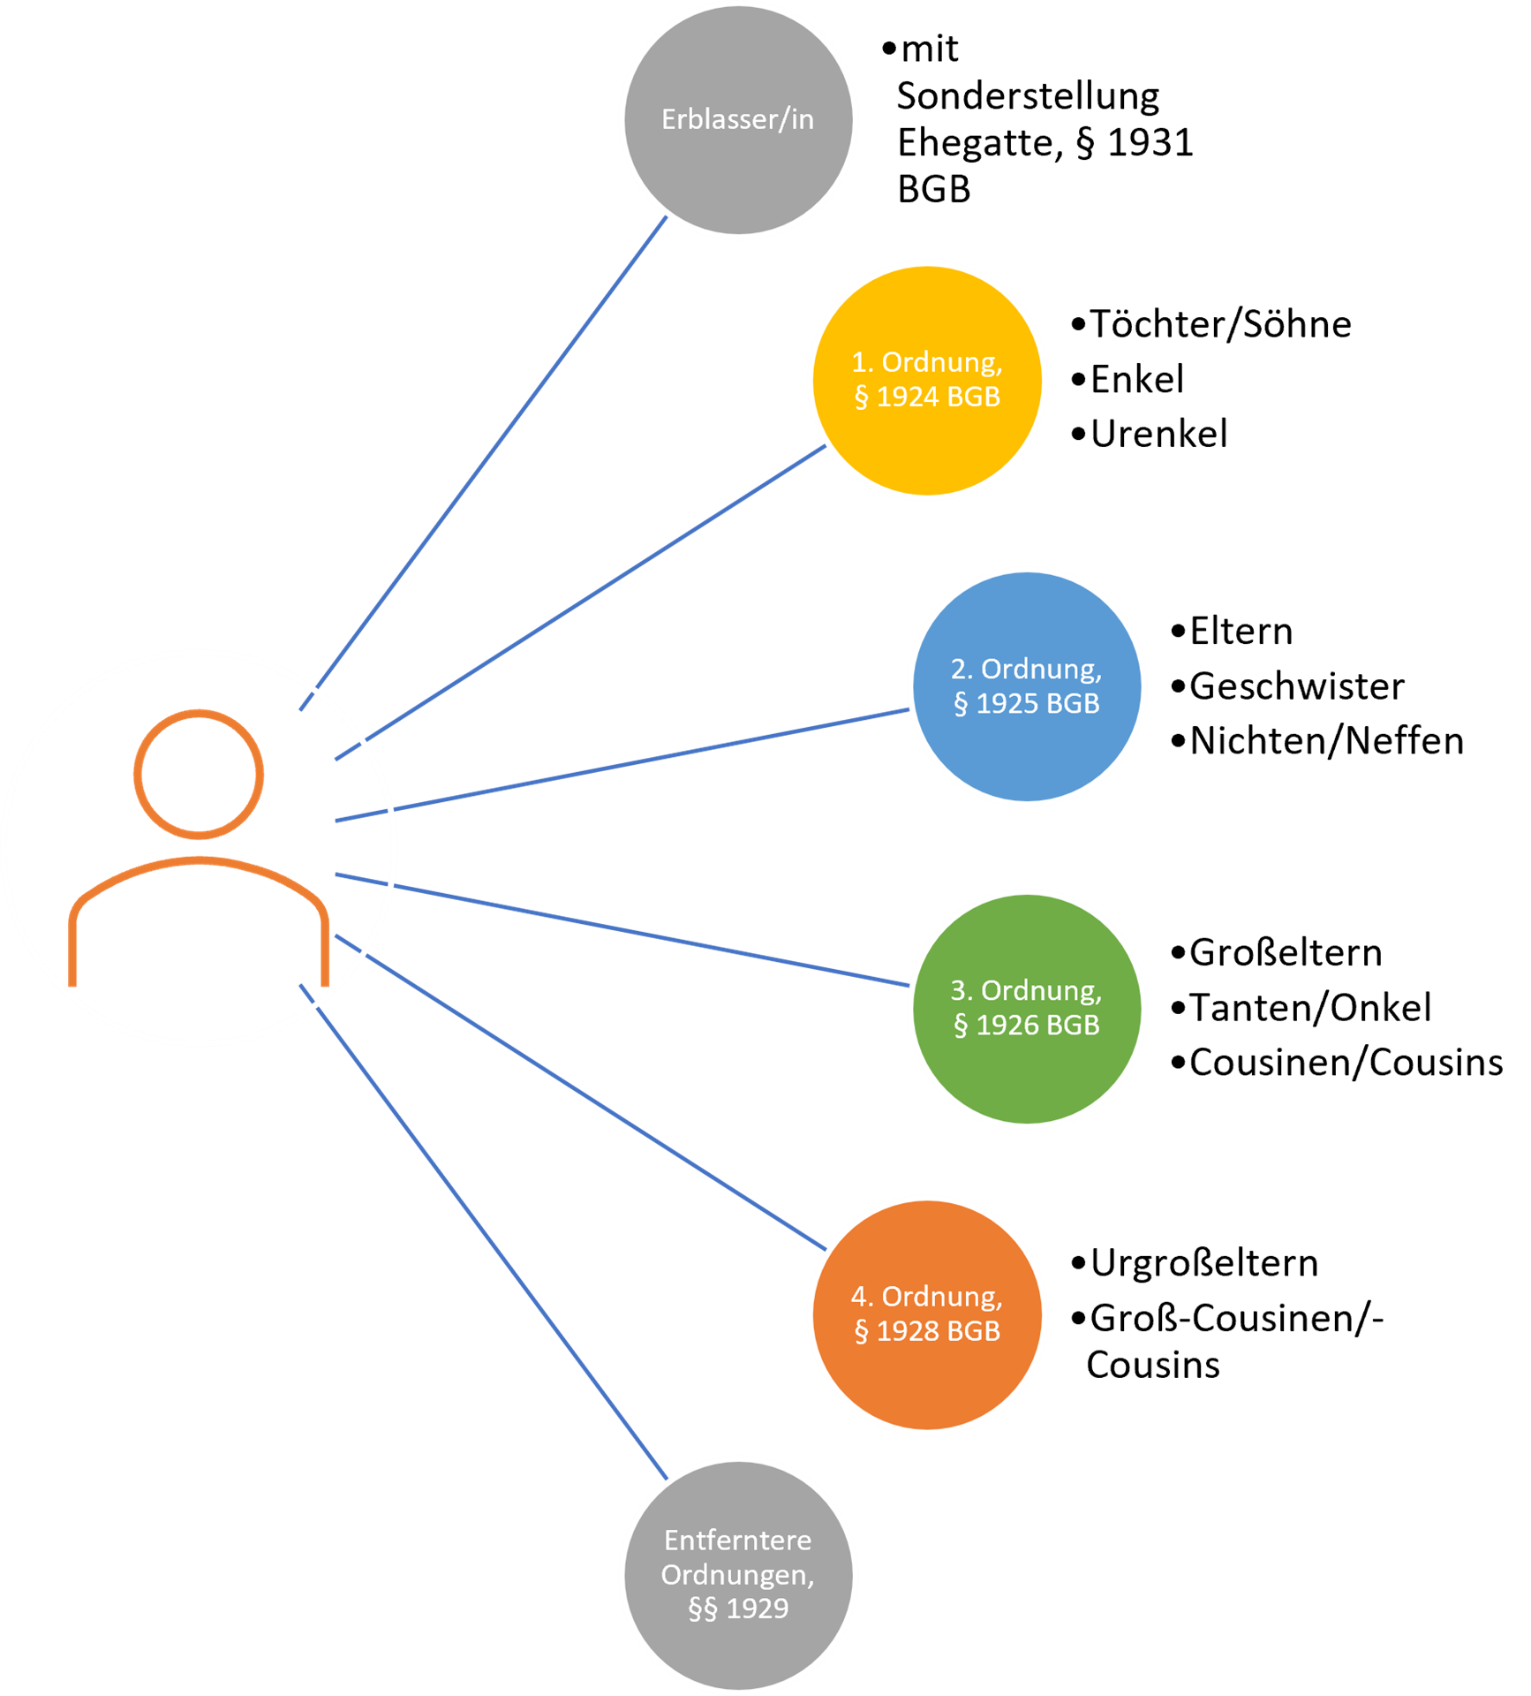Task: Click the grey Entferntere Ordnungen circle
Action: coord(738,1652)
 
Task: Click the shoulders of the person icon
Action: coord(199,860)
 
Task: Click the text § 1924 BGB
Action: coord(927,397)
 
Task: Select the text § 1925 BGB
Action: coord(1027,704)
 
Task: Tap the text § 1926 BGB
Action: coord(1027,1025)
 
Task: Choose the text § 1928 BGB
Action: coord(927,1331)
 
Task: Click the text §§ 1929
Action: coord(738,1609)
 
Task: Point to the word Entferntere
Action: coord(738,1541)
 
